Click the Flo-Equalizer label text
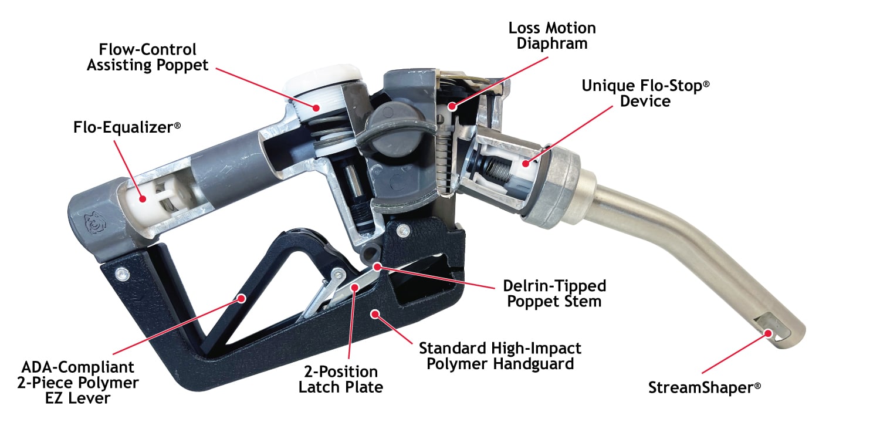click(127, 127)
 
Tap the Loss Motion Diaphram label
click(552, 36)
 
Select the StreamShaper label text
click(705, 387)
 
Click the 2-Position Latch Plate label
click(341, 379)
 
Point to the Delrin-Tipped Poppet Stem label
click(554, 293)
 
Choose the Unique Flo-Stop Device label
click(645, 93)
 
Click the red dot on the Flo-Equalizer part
click(143, 199)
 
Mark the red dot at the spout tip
click(768, 334)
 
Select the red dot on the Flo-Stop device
click(526, 164)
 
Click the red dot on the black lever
click(242, 299)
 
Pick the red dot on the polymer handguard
click(375, 314)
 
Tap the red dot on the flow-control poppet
click(316, 107)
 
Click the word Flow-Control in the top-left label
click(147, 49)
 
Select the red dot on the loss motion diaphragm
click(452, 106)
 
